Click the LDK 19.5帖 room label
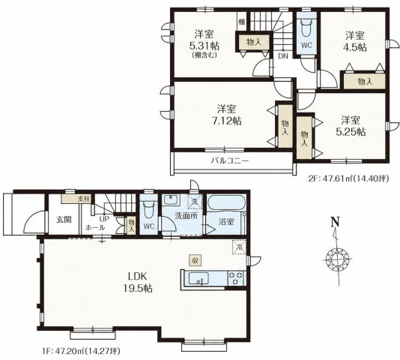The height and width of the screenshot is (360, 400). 138,282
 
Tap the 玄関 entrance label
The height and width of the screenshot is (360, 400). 64,220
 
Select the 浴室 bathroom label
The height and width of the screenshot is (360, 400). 226,221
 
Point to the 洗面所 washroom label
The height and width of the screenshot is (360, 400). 187,215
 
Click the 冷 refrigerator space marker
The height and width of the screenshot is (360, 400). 239,247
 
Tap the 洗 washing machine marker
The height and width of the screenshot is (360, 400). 195,201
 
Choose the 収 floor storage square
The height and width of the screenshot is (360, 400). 196,260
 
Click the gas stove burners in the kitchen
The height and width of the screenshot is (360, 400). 236,278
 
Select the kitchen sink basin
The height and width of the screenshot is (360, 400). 199,278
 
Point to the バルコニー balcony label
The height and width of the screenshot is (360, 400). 230,160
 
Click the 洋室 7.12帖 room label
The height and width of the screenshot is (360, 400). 226,115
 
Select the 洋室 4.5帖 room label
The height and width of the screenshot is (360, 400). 355,41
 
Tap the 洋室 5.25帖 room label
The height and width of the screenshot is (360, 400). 351,126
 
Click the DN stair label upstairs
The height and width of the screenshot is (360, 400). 283,56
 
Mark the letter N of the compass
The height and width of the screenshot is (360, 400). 335,221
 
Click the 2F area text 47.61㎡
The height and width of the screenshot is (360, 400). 334,178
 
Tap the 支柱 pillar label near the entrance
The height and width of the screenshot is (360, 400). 84,199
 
